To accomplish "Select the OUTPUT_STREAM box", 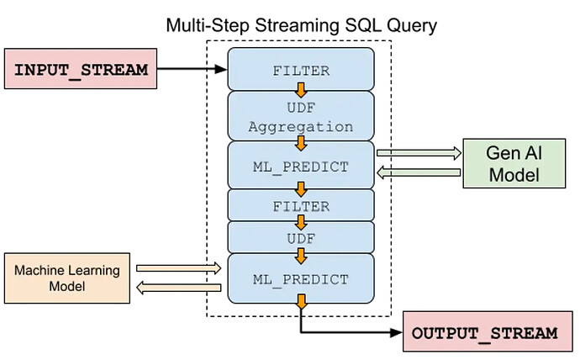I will pyautogui.click(x=485, y=332).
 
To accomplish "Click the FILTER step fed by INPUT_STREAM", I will pyautogui.click(x=301, y=71).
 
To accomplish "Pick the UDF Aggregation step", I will pyautogui.click(x=301, y=116).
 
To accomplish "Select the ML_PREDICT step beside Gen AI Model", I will pyautogui.click(x=301, y=166).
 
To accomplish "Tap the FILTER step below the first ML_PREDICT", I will pyautogui.click(x=301, y=205).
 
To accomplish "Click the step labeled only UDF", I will pyautogui.click(x=301, y=239).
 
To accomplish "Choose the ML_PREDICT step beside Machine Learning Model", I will pyautogui.click(x=301, y=278).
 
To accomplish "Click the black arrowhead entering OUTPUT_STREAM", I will pyautogui.click(x=396, y=332).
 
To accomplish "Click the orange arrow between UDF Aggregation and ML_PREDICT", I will pyautogui.click(x=301, y=142).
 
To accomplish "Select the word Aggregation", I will pyautogui.click(x=301, y=127).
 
